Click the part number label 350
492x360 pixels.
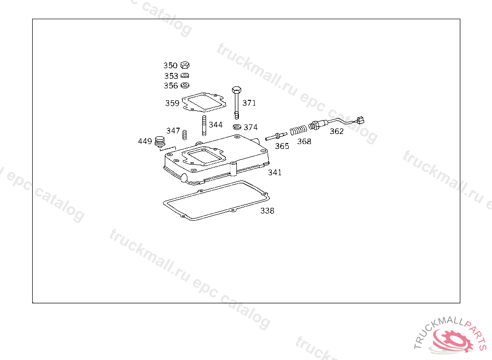pos(170,65)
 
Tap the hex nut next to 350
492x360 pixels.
pos(185,65)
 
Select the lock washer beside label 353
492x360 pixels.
pos(185,76)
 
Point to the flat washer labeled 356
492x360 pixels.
pos(185,85)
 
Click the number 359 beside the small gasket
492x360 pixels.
pos(172,103)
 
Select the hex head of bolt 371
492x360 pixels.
pos(236,90)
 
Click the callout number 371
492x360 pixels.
pos(249,103)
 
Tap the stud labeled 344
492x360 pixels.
pos(204,126)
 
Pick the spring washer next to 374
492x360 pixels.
pos(237,127)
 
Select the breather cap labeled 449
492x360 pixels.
pos(159,142)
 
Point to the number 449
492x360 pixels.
pos(145,141)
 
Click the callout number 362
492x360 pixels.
pos(336,131)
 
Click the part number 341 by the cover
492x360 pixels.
pos(275,172)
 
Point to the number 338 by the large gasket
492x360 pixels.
pos(267,210)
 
